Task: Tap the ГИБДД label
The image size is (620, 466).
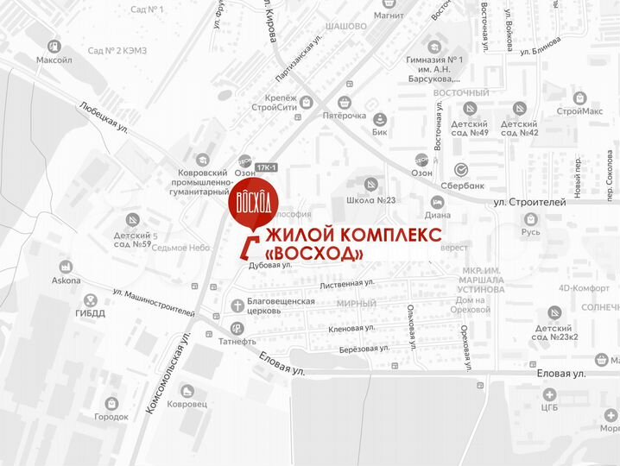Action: click(90, 313)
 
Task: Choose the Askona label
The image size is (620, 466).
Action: click(66, 280)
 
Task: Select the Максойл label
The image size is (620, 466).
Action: click(54, 60)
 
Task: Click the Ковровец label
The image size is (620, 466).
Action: click(187, 404)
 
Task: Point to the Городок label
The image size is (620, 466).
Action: click(111, 417)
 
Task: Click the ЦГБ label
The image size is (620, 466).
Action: click(549, 406)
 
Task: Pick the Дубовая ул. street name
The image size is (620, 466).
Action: click(270, 267)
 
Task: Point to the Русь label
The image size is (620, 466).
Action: click(531, 231)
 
